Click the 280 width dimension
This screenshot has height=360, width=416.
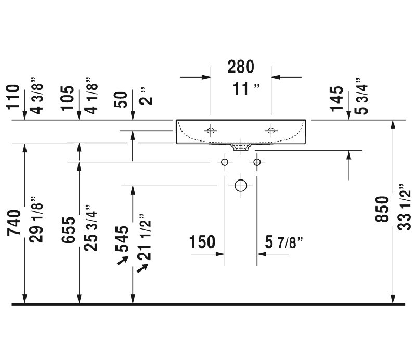click(x=241, y=67)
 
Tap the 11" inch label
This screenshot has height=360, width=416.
click(x=246, y=88)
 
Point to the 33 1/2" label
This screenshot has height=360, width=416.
click(x=404, y=207)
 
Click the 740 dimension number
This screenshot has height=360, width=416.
click(x=14, y=223)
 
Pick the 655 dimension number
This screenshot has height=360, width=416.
click(x=69, y=230)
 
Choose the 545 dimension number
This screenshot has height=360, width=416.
click(x=122, y=239)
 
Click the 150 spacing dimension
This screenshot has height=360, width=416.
click(x=202, y=242)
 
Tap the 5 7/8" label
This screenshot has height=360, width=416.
click(x=284, y=242)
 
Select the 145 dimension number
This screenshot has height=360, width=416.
click(x=336, y=99)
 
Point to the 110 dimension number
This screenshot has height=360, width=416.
click(x=14, y=97)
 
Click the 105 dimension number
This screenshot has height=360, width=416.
click(x=68, y=98)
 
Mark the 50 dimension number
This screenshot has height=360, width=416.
click(x=121, y=99)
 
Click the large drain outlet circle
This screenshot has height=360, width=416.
click(x=241, y=186)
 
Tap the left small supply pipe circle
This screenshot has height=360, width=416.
click(x=225, y=162)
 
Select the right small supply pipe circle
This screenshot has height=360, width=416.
click(x=257, y=162)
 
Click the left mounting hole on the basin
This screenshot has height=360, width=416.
click(x=211, y=131)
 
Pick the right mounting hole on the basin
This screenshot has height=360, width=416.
click(x=271, y=131)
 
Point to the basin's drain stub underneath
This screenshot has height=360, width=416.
click(x=241, y=147)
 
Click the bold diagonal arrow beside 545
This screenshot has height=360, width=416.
click(x=123, y=261)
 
